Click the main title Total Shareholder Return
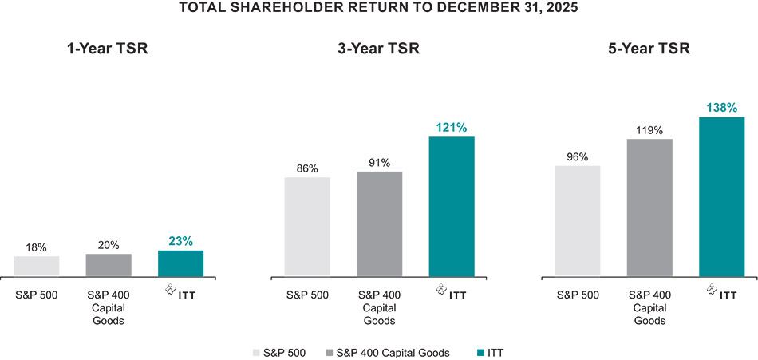tap(379, 9)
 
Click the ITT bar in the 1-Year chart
tap(180, 263)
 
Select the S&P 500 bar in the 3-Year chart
tap(307, 227)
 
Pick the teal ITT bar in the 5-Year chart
tap(721, 196)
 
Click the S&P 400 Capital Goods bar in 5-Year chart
tap(649, 208)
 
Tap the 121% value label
tap(452, 127)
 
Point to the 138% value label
tap(721, 107)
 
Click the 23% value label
tap(180, 240)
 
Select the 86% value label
tap(307, 168)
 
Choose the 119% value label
tap(649, 129)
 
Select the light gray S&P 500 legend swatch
tap(257, 352)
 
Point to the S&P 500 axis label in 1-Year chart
tap(37, 295)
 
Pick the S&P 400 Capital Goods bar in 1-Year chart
tap(109, 265)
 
